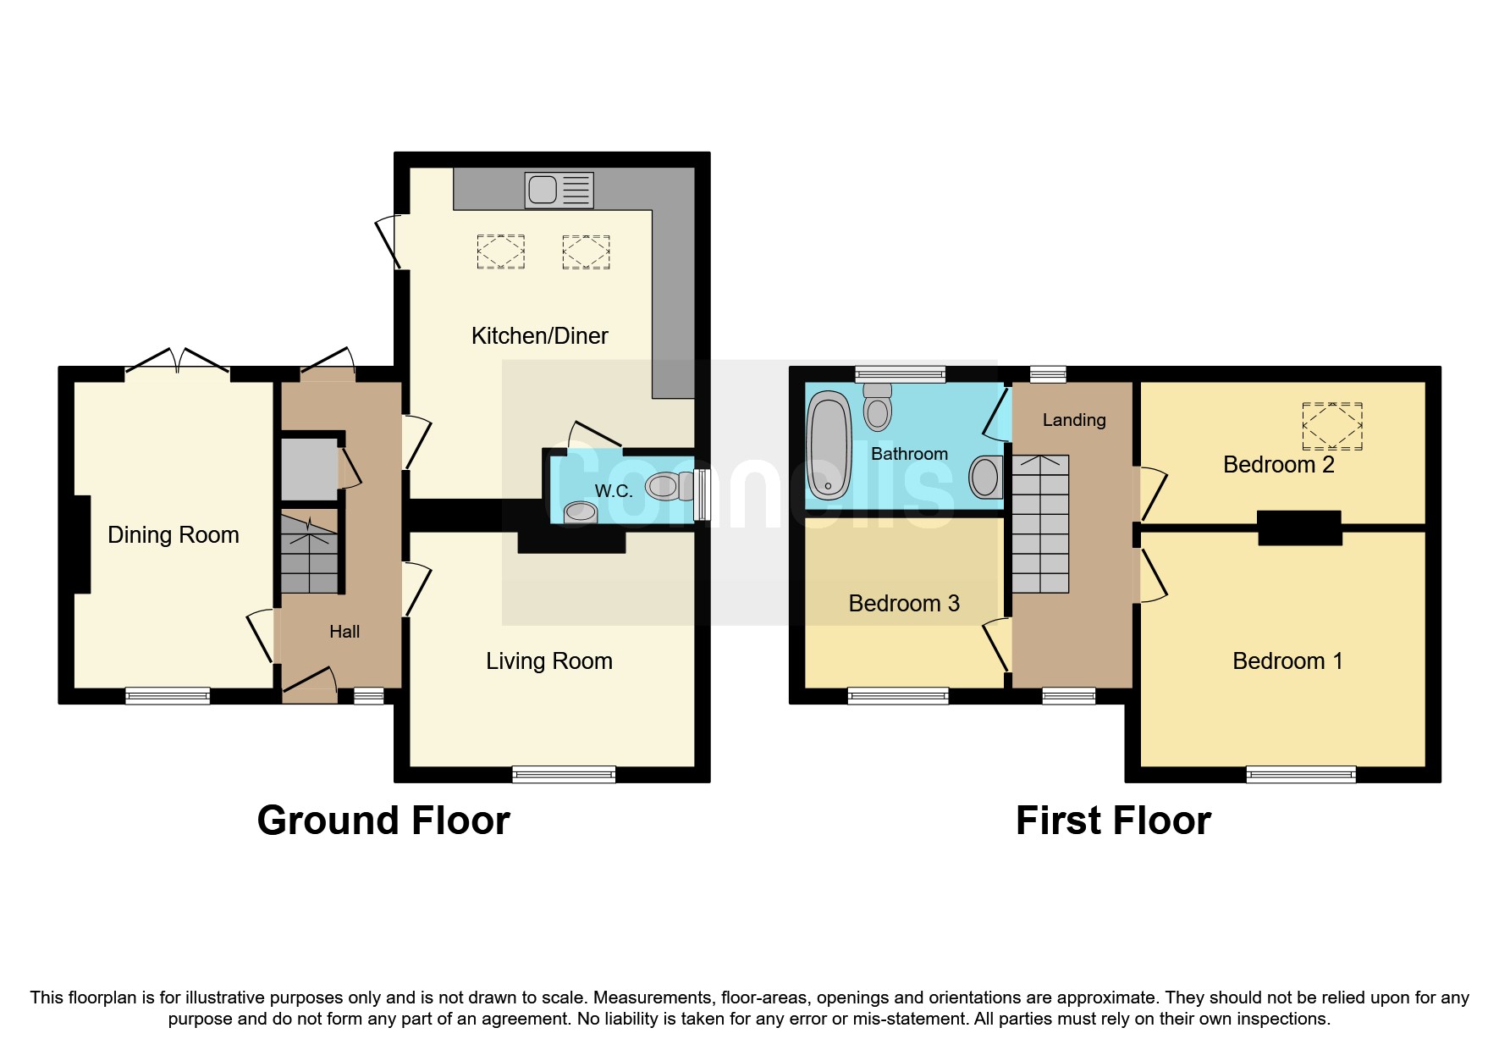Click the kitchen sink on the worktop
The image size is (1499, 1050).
coord(559,190)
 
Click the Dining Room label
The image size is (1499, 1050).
coord(174,535)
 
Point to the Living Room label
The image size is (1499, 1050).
coord(548,661)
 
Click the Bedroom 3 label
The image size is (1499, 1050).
coord(903,604)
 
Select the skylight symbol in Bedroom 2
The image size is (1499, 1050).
coord(1331,426)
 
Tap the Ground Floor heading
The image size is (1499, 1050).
coord(383,821)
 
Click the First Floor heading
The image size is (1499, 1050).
coord(1112,821)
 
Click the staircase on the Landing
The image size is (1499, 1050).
coord(1040,524)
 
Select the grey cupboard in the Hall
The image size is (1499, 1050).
coord(309,469)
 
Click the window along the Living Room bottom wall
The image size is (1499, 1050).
coord(564,773)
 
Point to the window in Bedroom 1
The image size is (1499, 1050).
coord(1300,774)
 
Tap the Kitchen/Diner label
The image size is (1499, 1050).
coord(539,336)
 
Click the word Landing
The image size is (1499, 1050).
coord(1073,420)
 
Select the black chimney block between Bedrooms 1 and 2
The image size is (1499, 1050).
coord(1298,528)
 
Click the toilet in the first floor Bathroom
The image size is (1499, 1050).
coord(878,407)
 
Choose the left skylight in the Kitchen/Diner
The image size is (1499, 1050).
coord(500,251)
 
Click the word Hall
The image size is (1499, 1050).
coord(344,632)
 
